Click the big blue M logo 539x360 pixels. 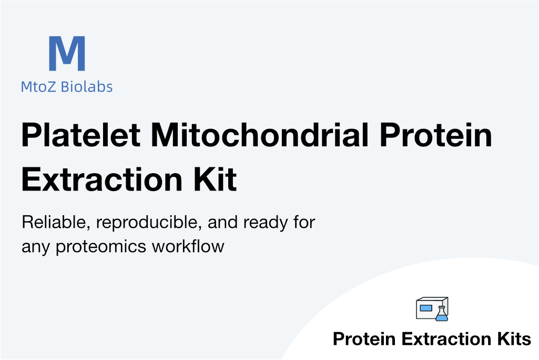pos(67,53)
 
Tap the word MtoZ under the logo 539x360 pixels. pos(38,87)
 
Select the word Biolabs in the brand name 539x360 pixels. pos(87,87)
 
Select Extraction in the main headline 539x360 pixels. pos(101,179)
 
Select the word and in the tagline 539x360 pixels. pos(222,222)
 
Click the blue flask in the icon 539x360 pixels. pos(442,314)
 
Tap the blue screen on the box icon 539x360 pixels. pos(426,308)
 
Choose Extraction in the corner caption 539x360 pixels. pos(446,339)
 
